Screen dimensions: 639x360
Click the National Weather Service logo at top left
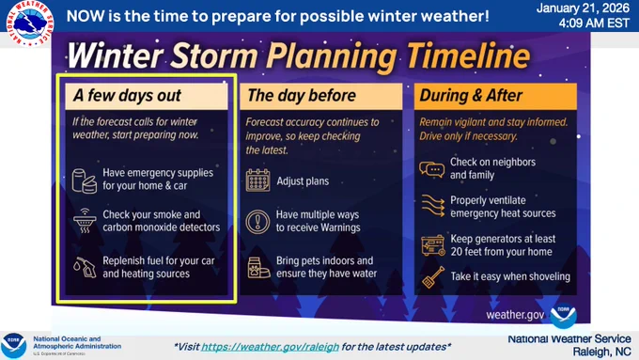pyautogui.click(x=30, y=23)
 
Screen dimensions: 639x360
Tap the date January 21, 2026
pyautogui.click(x=583, y=8)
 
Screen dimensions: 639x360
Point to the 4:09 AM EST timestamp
pyautogui.click(x=594, y=23)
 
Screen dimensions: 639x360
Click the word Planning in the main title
pyautogui.click(x=332, y=57)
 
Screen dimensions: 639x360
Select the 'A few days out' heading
pyautogui.click(x=127, y=95)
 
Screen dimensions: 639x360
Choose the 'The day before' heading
pyautogui.click(x=302, y=95)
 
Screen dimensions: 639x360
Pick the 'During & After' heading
pyautogui.click(x=471, y=95)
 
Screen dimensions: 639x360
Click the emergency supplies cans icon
pyautogui.click(x=85, y=180)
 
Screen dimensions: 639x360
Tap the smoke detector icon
pyautogui.click(x=85, y=221)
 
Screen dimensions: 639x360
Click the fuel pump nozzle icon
pyautogui.click(x=85, y=267)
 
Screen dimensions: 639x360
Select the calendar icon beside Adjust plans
pyautogui.click(x=258, y=180)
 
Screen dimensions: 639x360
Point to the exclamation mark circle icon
pyautogui.click(x=257, y=222)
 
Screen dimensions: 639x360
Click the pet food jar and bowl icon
pyautogui.click(x=258, y=268)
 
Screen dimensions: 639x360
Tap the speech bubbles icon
pyautogui.click(x=431, y=169)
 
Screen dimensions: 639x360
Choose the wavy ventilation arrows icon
pyautogui.click(x=432, y=206)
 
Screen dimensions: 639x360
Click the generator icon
pyautogui.click(x=433, y=245)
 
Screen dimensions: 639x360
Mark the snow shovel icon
pyautogui.click(x=433, y=277)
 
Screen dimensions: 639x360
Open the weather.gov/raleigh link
pyautogui.click(x=270, y=347)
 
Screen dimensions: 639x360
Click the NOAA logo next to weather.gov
pyautogui.click(x=563, y=316)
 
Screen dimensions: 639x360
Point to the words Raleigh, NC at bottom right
pyautogui.click(x=601, y=352)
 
